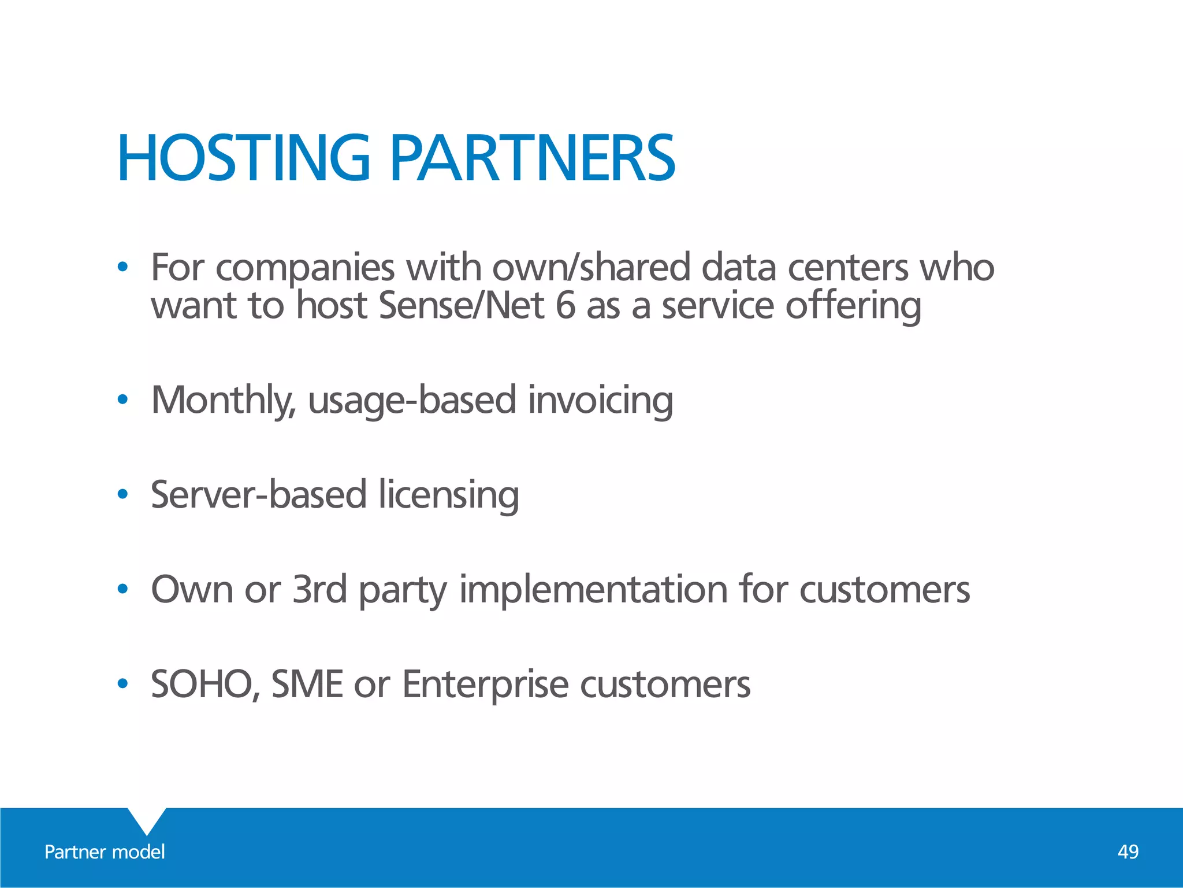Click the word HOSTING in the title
[243, 158]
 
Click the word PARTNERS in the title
[532, 158]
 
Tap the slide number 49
[1128, 852]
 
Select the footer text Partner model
[105, 852]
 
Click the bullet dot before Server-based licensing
[122, 494]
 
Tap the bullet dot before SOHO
[122, 684]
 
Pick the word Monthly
[223, 400]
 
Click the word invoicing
[601, 400]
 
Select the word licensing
[449, 495]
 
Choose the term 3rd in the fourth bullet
[319, 589]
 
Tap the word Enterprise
[485, 684]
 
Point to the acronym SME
[307, 684]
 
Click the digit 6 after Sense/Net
[566, 306]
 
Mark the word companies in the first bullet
[305, 268]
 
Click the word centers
[847, 268]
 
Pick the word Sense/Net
[462, 306]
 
